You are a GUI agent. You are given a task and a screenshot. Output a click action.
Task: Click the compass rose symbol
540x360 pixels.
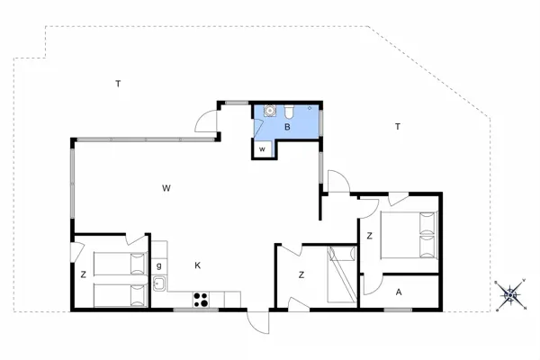(x=510, y=295)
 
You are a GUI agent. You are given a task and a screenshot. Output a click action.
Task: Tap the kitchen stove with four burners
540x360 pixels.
(x=201, y=300)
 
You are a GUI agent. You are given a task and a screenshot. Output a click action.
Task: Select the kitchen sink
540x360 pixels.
(x=159, y=283)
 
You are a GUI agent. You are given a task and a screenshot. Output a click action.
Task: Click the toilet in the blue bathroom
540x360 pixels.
(x=289, y=111)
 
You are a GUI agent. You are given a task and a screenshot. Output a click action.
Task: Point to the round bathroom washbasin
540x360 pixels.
(x=269, y=110)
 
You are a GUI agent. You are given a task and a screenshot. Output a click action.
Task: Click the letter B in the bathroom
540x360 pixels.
(x=287, y=127)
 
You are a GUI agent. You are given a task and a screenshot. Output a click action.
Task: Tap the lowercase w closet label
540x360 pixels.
(x=262, y=149)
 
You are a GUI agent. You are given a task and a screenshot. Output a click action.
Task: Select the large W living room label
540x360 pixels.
(x=166, y=188)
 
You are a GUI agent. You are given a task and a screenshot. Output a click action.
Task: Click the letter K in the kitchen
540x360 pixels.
(x=197, y=265)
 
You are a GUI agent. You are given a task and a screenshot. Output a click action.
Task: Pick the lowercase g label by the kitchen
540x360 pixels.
(x=158, y=265)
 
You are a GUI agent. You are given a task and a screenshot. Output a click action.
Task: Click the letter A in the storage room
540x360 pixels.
(x=399, y=292)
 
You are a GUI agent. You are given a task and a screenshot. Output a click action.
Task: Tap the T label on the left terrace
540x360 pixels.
(x=118, y=84)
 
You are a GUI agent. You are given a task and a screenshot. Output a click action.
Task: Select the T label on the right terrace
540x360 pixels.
(x=398, y=126)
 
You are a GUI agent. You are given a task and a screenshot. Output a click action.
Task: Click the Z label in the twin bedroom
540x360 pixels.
(x=84, y=274)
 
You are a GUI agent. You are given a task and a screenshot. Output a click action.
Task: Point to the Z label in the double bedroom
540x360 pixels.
(x=370, y=236)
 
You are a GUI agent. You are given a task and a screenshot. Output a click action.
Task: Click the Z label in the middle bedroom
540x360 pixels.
(x=301, y=274)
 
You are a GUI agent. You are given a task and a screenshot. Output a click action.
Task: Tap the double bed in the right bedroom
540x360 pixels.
(x=409, y=235)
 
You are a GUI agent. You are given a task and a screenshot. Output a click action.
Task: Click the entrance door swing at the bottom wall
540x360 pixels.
(x=257, y=322)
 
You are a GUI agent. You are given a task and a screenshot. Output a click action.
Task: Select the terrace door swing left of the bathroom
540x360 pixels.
(x=206, y=121)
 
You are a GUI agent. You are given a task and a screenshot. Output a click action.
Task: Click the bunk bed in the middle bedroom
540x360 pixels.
(x=342, y=274)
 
